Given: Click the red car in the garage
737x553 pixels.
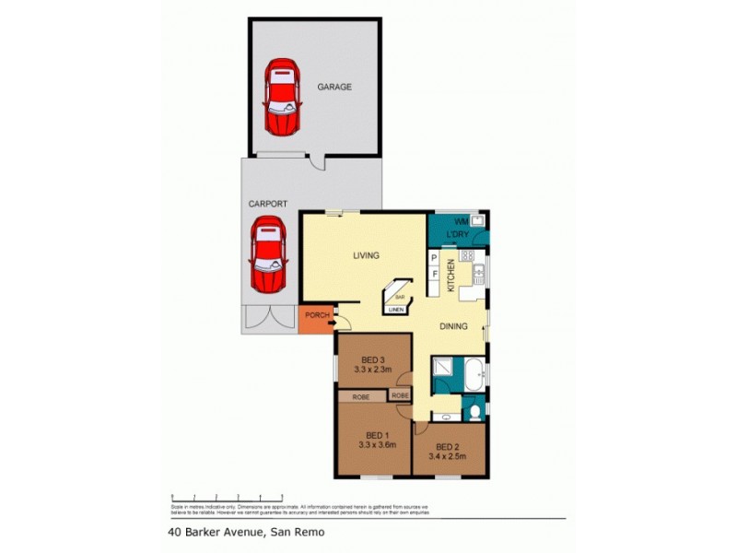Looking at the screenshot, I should tap(281, 98).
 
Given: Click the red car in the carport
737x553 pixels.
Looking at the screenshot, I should tap(268, 253).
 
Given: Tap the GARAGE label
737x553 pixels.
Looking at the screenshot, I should tap(335, 88).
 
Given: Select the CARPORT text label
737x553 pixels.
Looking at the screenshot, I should tap(267, 204).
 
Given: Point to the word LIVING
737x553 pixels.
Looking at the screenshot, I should tap(365, 256).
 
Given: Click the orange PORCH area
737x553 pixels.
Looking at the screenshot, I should tap(317, 318).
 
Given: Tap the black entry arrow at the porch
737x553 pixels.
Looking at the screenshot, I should tap(333, 321).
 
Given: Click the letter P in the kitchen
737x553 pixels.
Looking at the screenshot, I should tap(434, 260).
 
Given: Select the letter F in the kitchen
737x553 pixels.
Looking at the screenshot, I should tap(434, 275).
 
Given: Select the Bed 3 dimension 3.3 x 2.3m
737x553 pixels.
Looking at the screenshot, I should tap(372, 371).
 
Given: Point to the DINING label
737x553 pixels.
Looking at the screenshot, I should tap(452, 326).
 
